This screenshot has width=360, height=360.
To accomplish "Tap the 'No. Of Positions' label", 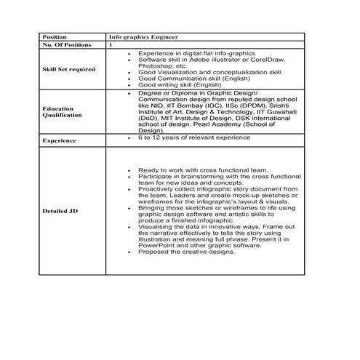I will pos(67,44).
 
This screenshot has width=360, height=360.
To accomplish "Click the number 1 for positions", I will pos(111,44).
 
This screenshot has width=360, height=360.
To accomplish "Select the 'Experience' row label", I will pos(60,140).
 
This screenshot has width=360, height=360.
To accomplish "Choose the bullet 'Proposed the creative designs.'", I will pos(187,254).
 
